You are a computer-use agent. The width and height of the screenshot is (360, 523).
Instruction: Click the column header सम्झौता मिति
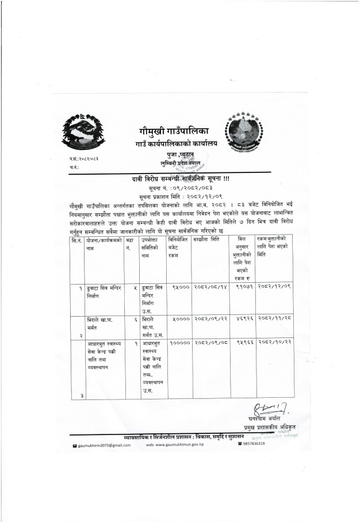coord(206,239)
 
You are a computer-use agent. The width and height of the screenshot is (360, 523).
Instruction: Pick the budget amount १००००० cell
coord(179,341)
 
